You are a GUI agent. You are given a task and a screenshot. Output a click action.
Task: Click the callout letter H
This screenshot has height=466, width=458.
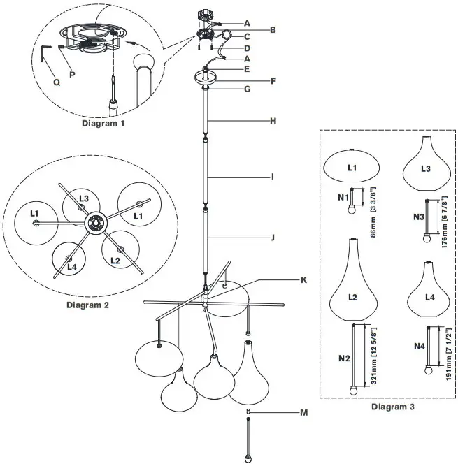(274, 121)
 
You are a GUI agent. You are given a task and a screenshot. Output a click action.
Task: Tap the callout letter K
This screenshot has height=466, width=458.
(303, 280)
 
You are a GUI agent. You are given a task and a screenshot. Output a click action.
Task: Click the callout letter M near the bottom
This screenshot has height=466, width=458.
(303, 413)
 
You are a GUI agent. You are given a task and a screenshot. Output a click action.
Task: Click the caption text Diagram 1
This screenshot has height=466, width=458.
(103, 124)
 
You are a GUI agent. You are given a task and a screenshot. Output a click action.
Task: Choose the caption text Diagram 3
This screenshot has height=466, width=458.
(392, 406)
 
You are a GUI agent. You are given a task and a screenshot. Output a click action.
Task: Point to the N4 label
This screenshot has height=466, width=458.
(419, 347)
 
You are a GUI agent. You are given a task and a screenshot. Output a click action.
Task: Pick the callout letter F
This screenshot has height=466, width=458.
(274, 80)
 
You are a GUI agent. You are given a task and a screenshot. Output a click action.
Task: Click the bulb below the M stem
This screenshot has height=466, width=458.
(248, 458)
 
